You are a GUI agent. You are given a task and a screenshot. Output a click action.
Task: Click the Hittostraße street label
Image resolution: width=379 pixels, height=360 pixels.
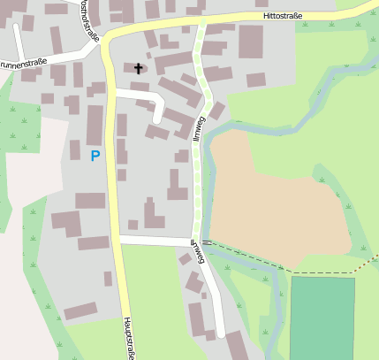291,16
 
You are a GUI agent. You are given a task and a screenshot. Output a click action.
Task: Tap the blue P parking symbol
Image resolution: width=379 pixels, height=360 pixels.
95,156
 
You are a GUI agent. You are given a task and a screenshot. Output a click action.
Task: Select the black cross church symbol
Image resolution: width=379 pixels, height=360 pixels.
138,68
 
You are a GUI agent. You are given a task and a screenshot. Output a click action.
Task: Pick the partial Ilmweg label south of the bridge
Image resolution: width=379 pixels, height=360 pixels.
199,253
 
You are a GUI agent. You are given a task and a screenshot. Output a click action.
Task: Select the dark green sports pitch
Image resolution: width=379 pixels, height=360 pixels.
322,318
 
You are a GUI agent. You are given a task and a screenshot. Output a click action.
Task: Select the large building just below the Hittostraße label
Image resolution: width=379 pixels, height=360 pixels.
251,42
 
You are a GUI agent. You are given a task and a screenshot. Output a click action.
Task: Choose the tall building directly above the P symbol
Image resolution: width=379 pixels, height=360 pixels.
95,124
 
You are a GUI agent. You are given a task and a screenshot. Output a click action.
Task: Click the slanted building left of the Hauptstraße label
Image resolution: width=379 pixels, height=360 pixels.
80,311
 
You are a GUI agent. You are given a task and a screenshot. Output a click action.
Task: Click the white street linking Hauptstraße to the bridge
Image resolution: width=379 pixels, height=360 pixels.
155,241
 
